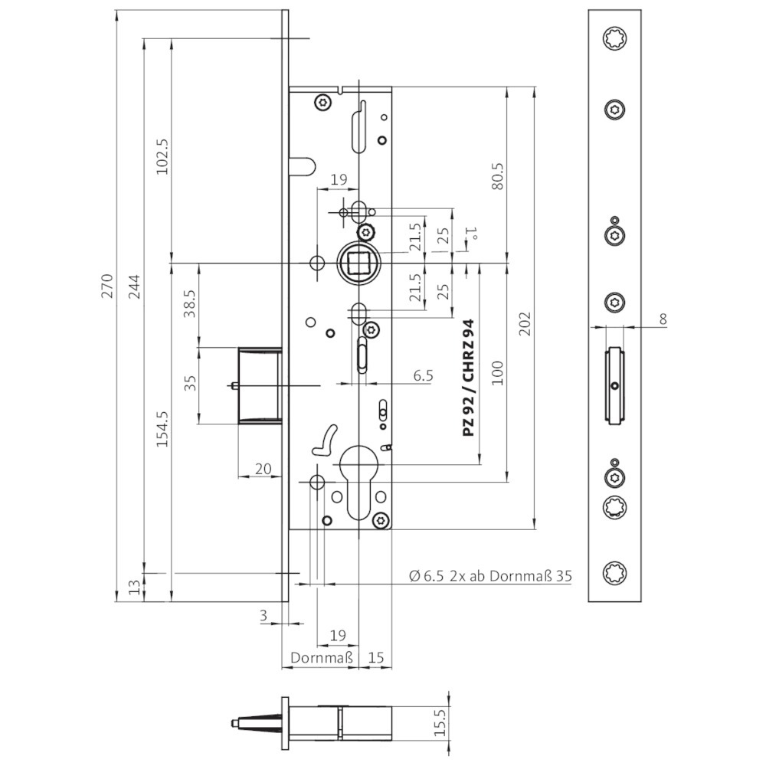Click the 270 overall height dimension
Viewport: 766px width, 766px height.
pos(107,286)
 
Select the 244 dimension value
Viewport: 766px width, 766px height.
pos(134,286)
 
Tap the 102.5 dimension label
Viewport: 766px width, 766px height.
pos(162,156)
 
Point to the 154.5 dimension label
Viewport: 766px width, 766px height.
pos(162,428)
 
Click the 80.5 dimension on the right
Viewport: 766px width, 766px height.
pos(497,176)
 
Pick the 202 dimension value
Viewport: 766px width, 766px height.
pos(525,323)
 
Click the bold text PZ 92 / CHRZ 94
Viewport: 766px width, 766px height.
pos(468,378)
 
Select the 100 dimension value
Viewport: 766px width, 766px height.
pos(497,373)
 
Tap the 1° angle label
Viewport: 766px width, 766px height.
pos(472,234)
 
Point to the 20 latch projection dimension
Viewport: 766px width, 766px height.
pos(263,469)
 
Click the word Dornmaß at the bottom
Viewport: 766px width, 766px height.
pos(322,657)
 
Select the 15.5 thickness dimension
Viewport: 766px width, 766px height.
pos(440,723)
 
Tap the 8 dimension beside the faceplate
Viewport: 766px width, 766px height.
pos(663,319)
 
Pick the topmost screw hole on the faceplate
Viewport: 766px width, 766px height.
pos(614,38)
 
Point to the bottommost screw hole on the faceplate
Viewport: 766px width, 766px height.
pos(614,572)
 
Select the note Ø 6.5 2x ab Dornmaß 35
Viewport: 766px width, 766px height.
pos(490,576)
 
